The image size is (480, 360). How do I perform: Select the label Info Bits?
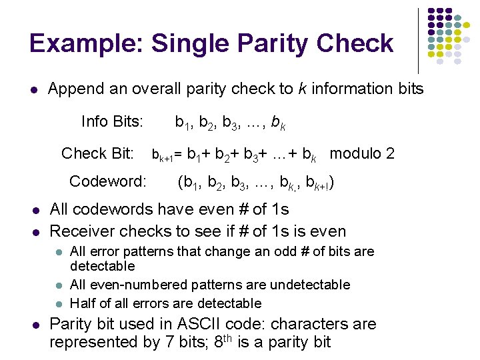pos(112,121)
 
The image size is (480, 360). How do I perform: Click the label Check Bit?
pos(97,153)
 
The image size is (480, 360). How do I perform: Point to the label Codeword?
pos(108,181)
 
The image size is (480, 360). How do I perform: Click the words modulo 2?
pos(362,153)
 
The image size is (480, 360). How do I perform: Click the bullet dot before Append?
pos(35,89)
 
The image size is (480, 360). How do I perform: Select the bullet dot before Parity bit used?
pos(35,325)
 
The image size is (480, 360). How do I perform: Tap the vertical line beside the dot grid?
pos(419,40)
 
